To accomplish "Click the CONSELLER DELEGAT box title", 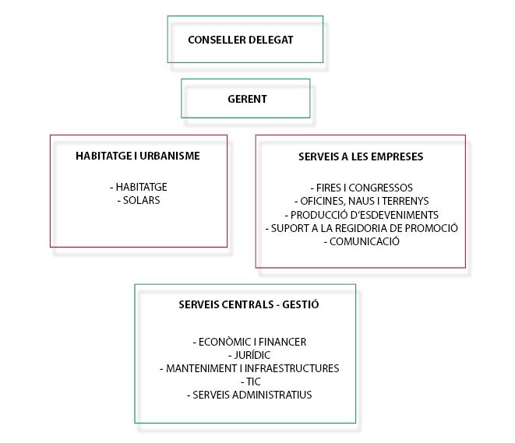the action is tap(241, 40).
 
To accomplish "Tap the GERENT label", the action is tap(247, 99).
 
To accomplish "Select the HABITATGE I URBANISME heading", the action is tap(138, 156).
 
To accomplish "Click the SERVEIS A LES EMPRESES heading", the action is tap(361, 156).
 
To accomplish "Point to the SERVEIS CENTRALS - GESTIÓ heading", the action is tap(249, 304).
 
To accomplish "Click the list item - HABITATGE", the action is tap(138, 187).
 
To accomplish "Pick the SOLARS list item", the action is tap(139, 200).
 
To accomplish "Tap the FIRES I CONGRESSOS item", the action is tap(362, 188).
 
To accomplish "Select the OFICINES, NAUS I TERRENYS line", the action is tap(362, 201).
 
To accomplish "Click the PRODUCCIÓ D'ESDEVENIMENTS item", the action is tap(362, 215).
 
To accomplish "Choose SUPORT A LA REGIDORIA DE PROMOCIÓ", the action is tap(362, 228).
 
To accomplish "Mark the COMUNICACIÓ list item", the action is tap(362, 241).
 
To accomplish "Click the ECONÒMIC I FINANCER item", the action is tap(249, 342).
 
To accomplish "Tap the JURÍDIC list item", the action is tap(249, 355).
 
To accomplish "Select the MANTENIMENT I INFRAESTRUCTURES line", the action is tap(249, 368).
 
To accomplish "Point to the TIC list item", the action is tap(251, 381).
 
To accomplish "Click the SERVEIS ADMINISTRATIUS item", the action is tap(249, 395).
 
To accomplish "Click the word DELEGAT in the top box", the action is tap(271, 40).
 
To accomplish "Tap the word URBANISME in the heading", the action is tap(170, 156).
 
